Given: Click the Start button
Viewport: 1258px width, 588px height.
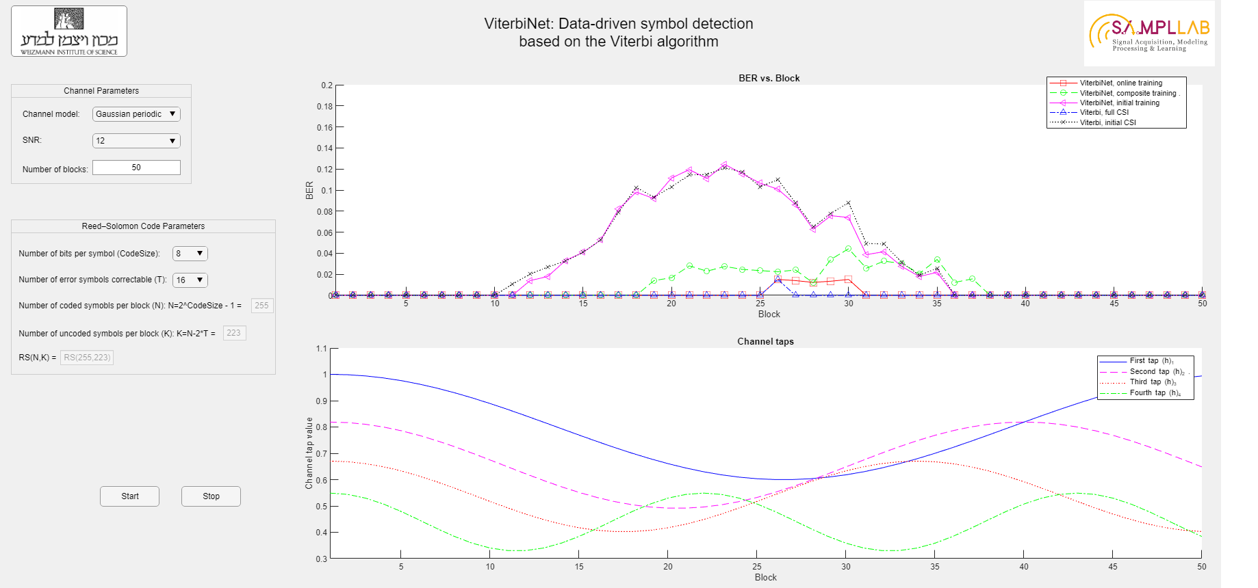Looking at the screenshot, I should tap(129, 496).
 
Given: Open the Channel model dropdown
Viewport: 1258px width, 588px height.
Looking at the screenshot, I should tap(136, 114).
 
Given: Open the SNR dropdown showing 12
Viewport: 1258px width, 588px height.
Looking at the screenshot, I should tap(136, 141).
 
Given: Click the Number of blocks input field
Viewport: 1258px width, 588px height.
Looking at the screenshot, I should tap(136, 168).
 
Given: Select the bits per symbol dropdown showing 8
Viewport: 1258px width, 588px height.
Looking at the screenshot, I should tap(190, 254).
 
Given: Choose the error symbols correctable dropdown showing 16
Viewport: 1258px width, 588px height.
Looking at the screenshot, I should tap(190, 280).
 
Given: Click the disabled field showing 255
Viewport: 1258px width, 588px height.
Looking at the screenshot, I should tap(261, 306).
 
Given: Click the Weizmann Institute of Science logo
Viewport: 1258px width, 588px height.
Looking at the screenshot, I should tap(69, 31).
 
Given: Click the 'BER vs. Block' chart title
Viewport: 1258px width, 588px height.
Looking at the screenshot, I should tap(769, 78).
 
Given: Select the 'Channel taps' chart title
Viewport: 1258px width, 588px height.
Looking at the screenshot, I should tap(765, 341).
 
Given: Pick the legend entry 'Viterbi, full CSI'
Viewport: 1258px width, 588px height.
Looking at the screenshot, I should tap(1104, 112).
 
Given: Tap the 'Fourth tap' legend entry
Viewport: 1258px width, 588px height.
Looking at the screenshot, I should tap(1155, 392).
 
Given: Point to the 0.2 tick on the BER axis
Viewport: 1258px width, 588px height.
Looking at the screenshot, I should tap(326, 85).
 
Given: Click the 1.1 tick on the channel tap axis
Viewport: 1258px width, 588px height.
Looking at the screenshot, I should tap(321, 349).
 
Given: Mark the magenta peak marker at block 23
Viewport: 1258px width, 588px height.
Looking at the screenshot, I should tap(724, 165).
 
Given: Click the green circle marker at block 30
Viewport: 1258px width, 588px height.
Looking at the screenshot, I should tap(848, 249).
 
